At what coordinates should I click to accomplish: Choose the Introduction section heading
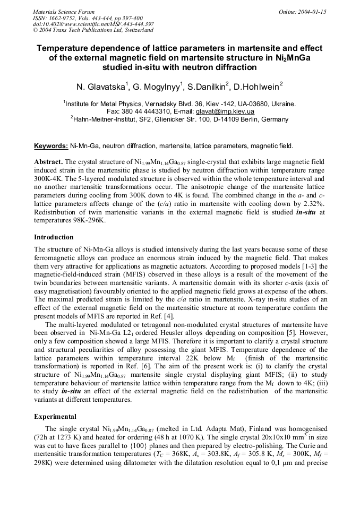54,237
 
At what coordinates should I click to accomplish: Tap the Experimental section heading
55,417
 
